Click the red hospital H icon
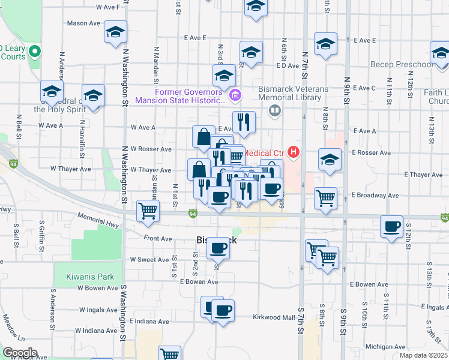(294, 151)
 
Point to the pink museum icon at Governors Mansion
(236, 94)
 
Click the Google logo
(20, 353)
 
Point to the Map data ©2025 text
(424, 356)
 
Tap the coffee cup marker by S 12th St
(392, 227)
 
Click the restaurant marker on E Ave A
(244, 122)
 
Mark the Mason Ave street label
(83, 23)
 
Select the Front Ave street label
(158, 238)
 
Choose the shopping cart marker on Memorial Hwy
(148, 211)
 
